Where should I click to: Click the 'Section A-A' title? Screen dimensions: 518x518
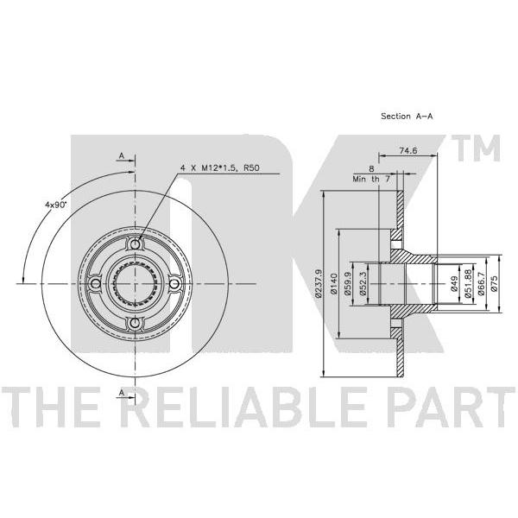[x=407, y=117]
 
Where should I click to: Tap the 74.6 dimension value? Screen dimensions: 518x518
[x=408, y=150]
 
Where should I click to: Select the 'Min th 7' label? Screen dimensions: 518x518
[x=371, y=179]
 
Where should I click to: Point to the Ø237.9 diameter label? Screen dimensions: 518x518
[x=319, y=284]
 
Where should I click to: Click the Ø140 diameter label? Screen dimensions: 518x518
[x=333, y=284]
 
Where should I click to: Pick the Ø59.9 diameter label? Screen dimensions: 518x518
[x=348, y=284]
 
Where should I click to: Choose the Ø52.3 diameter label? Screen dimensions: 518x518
[x=363, y=284]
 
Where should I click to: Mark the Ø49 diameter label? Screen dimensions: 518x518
[x=454, y=284]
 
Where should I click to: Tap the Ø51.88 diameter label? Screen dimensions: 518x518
[x=468, y=284]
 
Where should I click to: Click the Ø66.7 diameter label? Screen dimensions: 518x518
[x=481, y=284]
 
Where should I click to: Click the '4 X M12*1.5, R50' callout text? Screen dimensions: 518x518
[x=219, y=168]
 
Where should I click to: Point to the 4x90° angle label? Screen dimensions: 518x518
[x=55, y=205]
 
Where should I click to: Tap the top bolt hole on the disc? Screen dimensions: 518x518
[x=136, y=244]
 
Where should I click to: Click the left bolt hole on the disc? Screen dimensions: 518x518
[x=96, y=283]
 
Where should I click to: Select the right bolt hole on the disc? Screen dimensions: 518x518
[x=174, y=283]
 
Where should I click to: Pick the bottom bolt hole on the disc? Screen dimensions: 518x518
[x=136, y=323]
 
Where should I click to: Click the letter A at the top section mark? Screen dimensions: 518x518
[x=122, y=156]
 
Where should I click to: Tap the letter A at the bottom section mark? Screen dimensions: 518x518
[x=122, y=393]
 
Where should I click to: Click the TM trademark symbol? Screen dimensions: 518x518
[x=478, y=148]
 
